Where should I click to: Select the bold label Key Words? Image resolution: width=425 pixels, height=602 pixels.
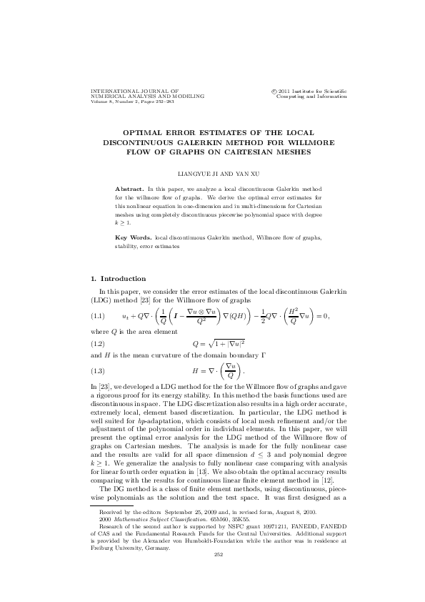point(134,237)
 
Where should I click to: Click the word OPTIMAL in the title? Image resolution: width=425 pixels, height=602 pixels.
point(146,133)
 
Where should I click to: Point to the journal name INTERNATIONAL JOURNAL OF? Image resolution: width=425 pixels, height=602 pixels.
point(134,92)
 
